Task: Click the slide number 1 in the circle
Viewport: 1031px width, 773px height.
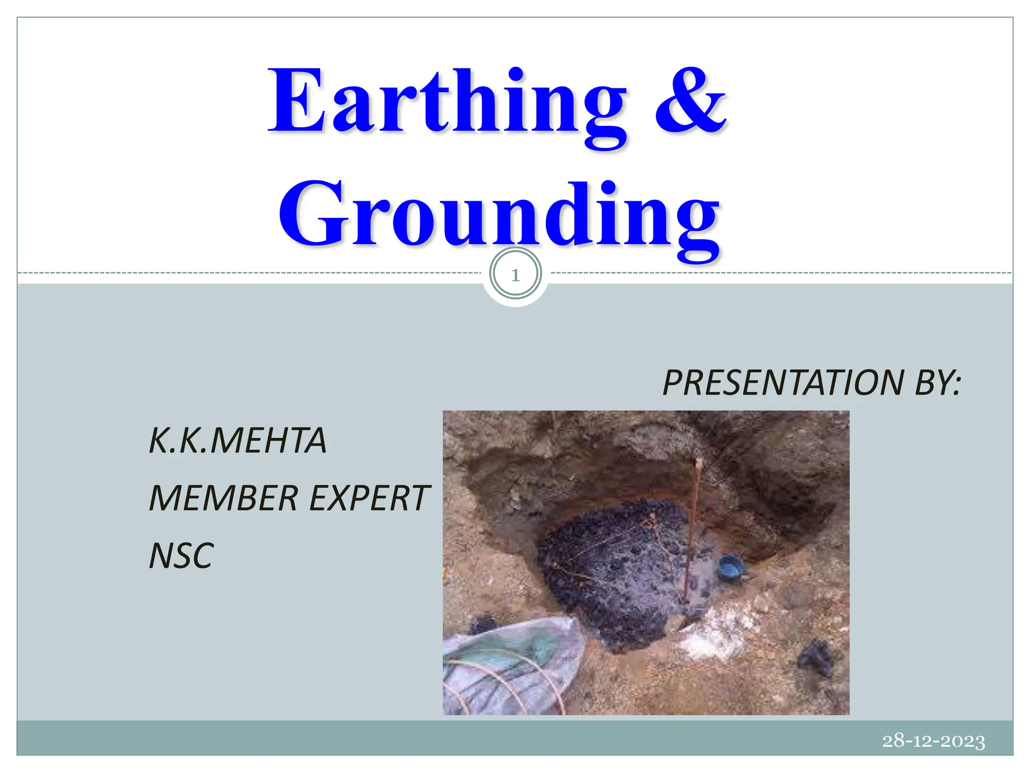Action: (515, 275)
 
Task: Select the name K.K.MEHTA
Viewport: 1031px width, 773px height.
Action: (238, 441)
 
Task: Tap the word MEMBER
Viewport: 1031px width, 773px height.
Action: (224, 499)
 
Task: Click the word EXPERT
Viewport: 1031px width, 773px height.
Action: (369, 499)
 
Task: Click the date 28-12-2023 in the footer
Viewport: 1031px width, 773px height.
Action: (933, 741)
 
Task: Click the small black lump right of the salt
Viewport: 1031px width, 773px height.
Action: (816, 657)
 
